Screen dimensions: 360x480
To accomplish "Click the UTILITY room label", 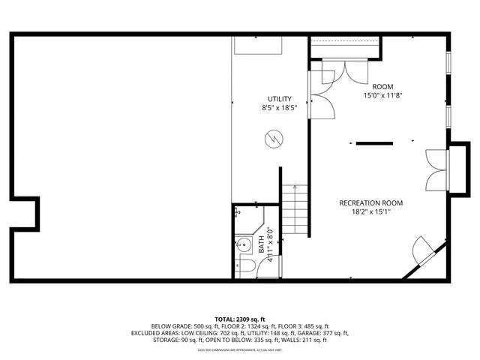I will [280, 99].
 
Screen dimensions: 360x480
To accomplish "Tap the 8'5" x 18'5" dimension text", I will [280, 108].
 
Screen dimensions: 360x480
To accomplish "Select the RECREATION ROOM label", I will [371, 203].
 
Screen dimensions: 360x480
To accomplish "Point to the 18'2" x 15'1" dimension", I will [371, 212].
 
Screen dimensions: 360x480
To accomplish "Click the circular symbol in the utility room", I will [274, 139].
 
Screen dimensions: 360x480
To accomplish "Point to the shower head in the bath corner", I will [237, 212].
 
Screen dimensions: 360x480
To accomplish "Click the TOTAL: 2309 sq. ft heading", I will [240, 318].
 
